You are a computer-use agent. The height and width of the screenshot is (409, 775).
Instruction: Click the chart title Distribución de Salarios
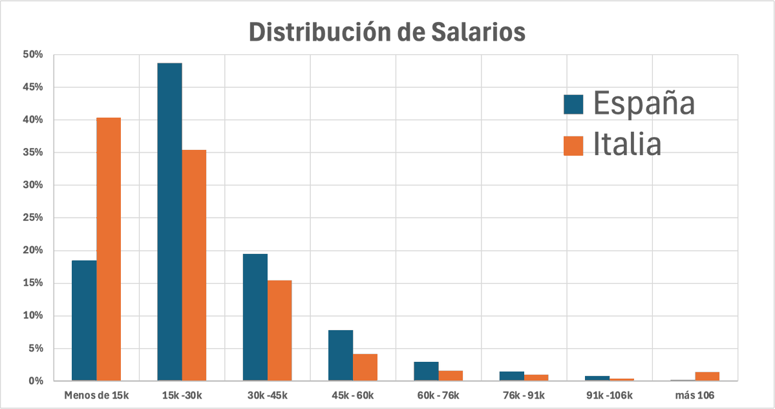387,32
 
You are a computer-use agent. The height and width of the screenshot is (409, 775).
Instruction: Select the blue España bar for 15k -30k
169,222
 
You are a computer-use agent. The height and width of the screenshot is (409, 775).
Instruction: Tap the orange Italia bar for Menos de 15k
109,249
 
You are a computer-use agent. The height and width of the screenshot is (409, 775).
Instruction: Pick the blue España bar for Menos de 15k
84,320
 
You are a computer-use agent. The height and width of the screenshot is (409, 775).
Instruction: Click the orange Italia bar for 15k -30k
194,265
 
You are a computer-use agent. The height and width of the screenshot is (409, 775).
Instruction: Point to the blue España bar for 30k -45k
255,317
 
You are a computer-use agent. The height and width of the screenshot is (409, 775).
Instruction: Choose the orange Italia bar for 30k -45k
279,330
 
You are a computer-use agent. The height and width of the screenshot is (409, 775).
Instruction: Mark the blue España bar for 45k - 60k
341,355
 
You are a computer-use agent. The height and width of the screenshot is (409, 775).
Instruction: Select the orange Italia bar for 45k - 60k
365,367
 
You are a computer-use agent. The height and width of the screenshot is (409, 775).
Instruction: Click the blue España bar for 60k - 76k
426,371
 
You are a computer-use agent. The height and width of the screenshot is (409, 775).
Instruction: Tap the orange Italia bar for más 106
707,376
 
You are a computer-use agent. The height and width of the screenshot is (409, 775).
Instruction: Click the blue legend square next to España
573,104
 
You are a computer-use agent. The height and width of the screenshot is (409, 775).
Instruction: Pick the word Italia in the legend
627,145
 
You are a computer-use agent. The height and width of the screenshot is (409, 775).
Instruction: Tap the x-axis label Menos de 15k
96,394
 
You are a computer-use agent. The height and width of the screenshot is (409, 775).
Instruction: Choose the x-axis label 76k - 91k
524,394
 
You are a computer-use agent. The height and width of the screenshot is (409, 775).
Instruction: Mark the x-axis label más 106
695,394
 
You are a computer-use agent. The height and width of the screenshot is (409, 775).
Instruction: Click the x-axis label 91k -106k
609,394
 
